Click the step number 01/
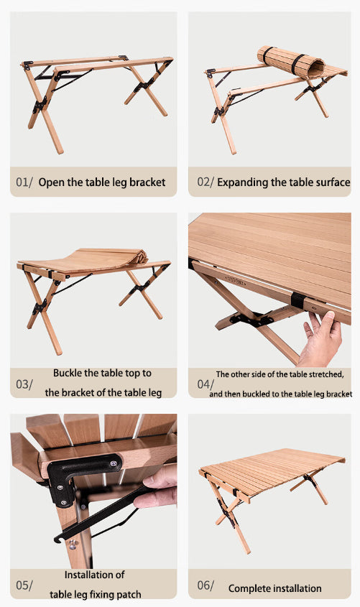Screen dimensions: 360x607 24,182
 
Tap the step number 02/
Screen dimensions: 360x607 206,182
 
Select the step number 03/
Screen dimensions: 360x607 24,384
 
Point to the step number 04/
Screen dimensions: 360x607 206,384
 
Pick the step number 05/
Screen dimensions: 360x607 24,585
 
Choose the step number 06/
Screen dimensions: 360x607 206,585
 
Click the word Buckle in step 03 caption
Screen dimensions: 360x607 67,374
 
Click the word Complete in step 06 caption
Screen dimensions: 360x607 246,589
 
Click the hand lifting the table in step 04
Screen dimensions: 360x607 320,338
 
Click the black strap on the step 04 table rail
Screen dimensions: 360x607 297,300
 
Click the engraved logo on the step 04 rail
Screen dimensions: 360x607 236,282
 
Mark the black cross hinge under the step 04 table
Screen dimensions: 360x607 251,320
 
